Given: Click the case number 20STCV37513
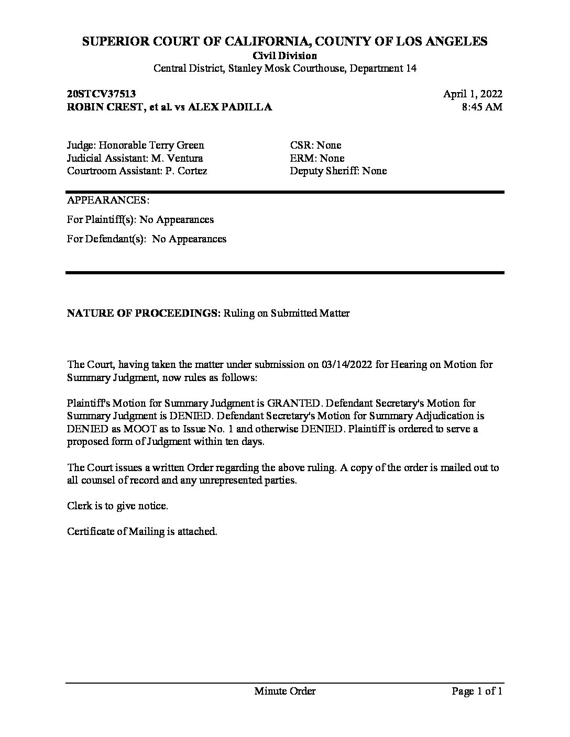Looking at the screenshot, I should coord(101,94).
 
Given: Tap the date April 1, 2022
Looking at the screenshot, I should coord(473,94).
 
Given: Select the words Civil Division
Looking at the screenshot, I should coord(284,55).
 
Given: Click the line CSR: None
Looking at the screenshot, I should coord(315,146).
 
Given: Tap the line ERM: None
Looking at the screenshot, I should coord(317,158).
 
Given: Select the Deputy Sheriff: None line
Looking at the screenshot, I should coord(338,171).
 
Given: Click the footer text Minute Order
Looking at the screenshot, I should coord(284,691).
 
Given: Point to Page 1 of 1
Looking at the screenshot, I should coord(477,691).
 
